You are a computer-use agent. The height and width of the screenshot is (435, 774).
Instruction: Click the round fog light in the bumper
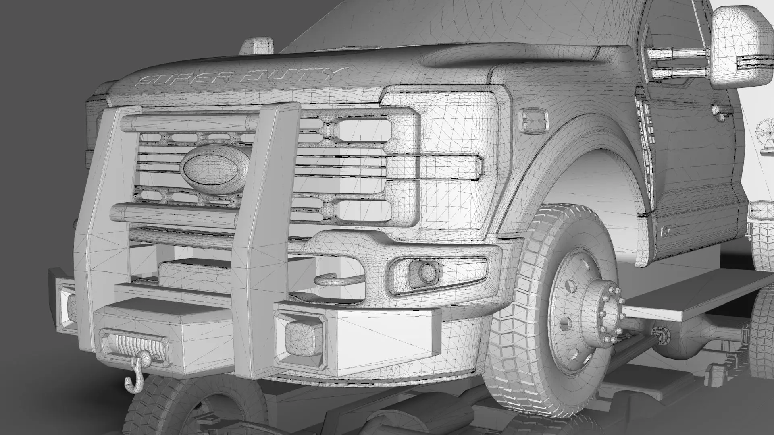click(423, 273)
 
